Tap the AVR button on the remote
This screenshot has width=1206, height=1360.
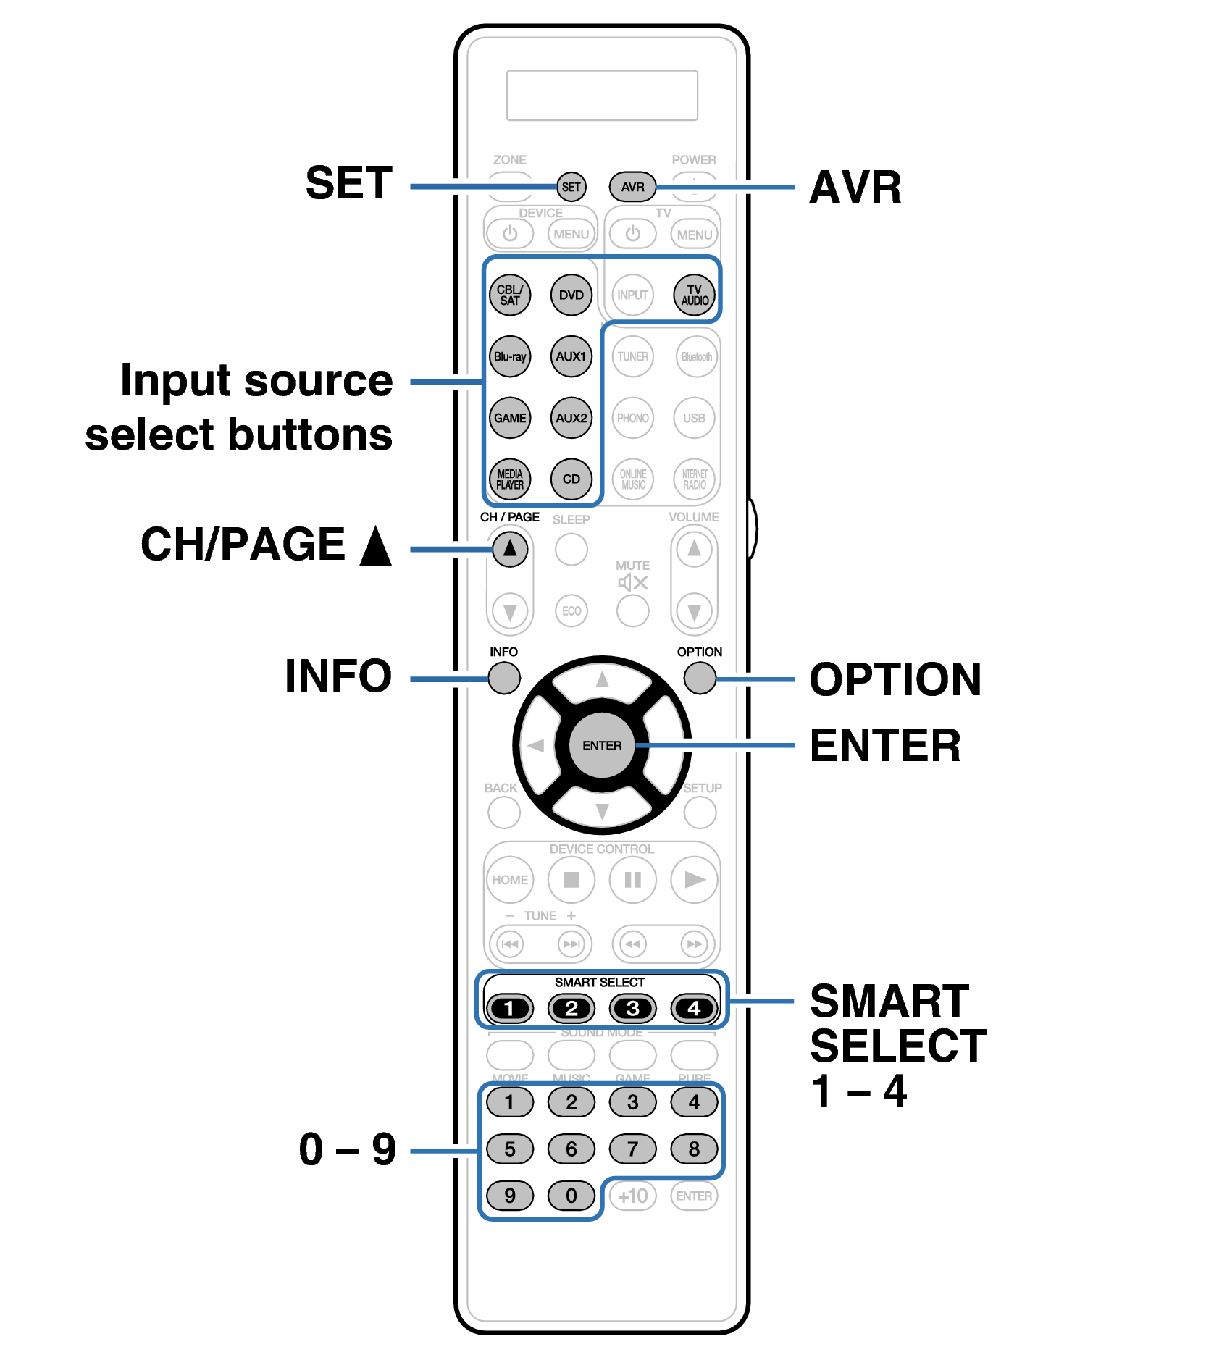coord(632,187)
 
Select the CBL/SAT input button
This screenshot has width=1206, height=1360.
coord(510,295)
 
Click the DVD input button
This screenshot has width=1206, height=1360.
coord(571,295)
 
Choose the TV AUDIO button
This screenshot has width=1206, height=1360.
coord(694,295)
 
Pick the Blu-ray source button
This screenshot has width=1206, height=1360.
coord(510,356)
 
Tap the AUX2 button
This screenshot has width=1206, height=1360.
coord(571,418)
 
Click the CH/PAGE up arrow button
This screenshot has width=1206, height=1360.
coord(510,549)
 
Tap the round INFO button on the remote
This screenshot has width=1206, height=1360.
coord(504,679)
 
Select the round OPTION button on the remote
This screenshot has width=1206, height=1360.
coord(700,679)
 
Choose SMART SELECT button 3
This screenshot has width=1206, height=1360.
coord(632,1008)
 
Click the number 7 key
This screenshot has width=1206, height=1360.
coord(632,1149)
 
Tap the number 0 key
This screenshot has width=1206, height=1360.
coord(571,1196)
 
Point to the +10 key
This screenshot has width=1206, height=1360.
coord(632,1196)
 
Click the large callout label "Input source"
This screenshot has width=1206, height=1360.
coord(256,380)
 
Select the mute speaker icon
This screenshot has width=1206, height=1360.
coord(632,583)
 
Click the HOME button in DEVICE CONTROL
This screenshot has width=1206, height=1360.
coord(510,880)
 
